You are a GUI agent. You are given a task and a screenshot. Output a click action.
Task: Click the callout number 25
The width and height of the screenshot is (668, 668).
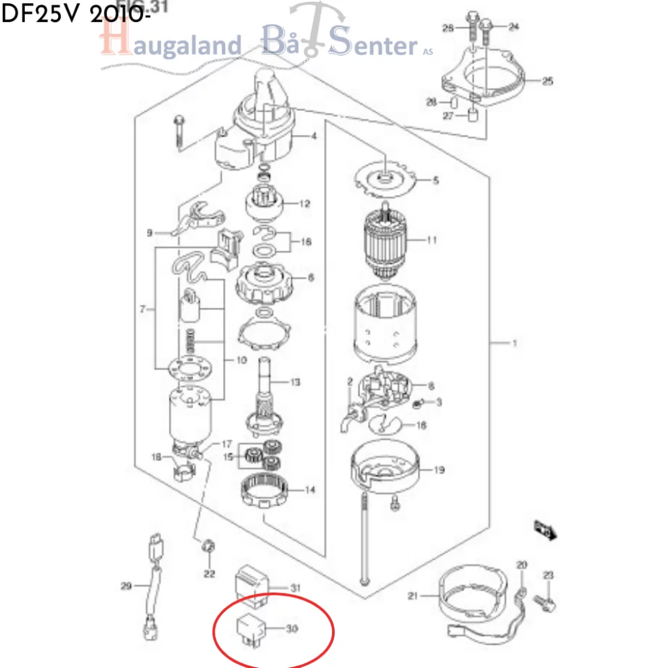pos(547,82)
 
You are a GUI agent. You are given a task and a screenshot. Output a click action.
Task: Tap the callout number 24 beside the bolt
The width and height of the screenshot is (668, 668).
pos(514,27)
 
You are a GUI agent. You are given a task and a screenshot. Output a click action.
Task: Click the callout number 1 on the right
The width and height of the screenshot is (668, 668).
pos(514,343)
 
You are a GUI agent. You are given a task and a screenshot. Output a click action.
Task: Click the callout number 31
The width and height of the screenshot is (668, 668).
pos(296,588)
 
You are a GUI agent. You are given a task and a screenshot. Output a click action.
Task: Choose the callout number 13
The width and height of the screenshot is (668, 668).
pos(295,382)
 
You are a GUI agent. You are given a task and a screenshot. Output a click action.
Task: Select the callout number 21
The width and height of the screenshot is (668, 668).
pos(412,596)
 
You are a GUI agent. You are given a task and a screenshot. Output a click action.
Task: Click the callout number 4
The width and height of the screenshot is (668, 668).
pos(314,136)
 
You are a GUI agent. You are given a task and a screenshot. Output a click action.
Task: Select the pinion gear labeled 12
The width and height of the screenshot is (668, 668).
pos(264,204)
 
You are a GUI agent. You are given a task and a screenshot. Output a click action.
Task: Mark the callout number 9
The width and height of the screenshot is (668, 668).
pos(149,233)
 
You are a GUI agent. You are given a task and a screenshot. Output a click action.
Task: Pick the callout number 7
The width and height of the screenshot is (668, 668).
pos(142,309)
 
